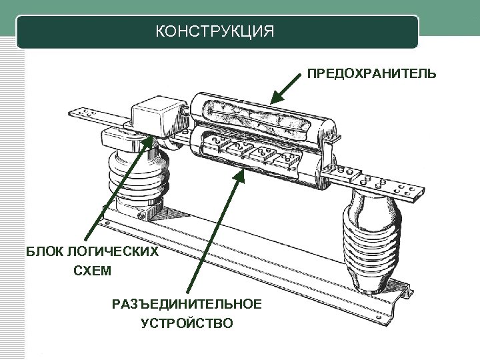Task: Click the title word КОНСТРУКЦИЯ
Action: click(214, 31)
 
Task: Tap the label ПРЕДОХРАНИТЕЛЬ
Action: click(372, 73)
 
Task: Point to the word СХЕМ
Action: click(93, 271)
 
